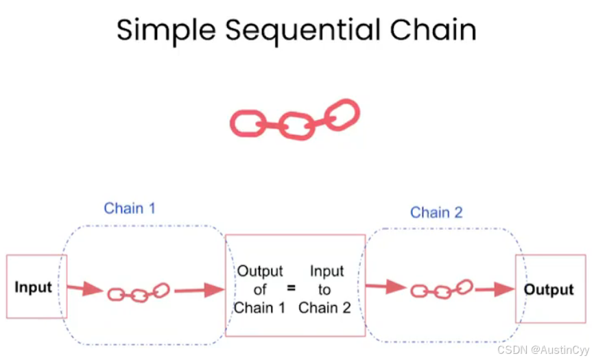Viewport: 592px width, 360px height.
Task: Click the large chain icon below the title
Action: (295, 120)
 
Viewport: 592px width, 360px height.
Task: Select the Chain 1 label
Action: (129, 208)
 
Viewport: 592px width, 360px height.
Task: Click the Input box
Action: (33, 287)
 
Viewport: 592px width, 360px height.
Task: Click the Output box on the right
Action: (548, 289)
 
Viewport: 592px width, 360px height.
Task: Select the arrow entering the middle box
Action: (199, 291)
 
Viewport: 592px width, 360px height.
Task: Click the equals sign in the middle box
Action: (291, 289)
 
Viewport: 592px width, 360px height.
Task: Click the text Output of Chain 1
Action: (260, 289)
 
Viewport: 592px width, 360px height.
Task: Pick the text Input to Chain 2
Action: (324, 289)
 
